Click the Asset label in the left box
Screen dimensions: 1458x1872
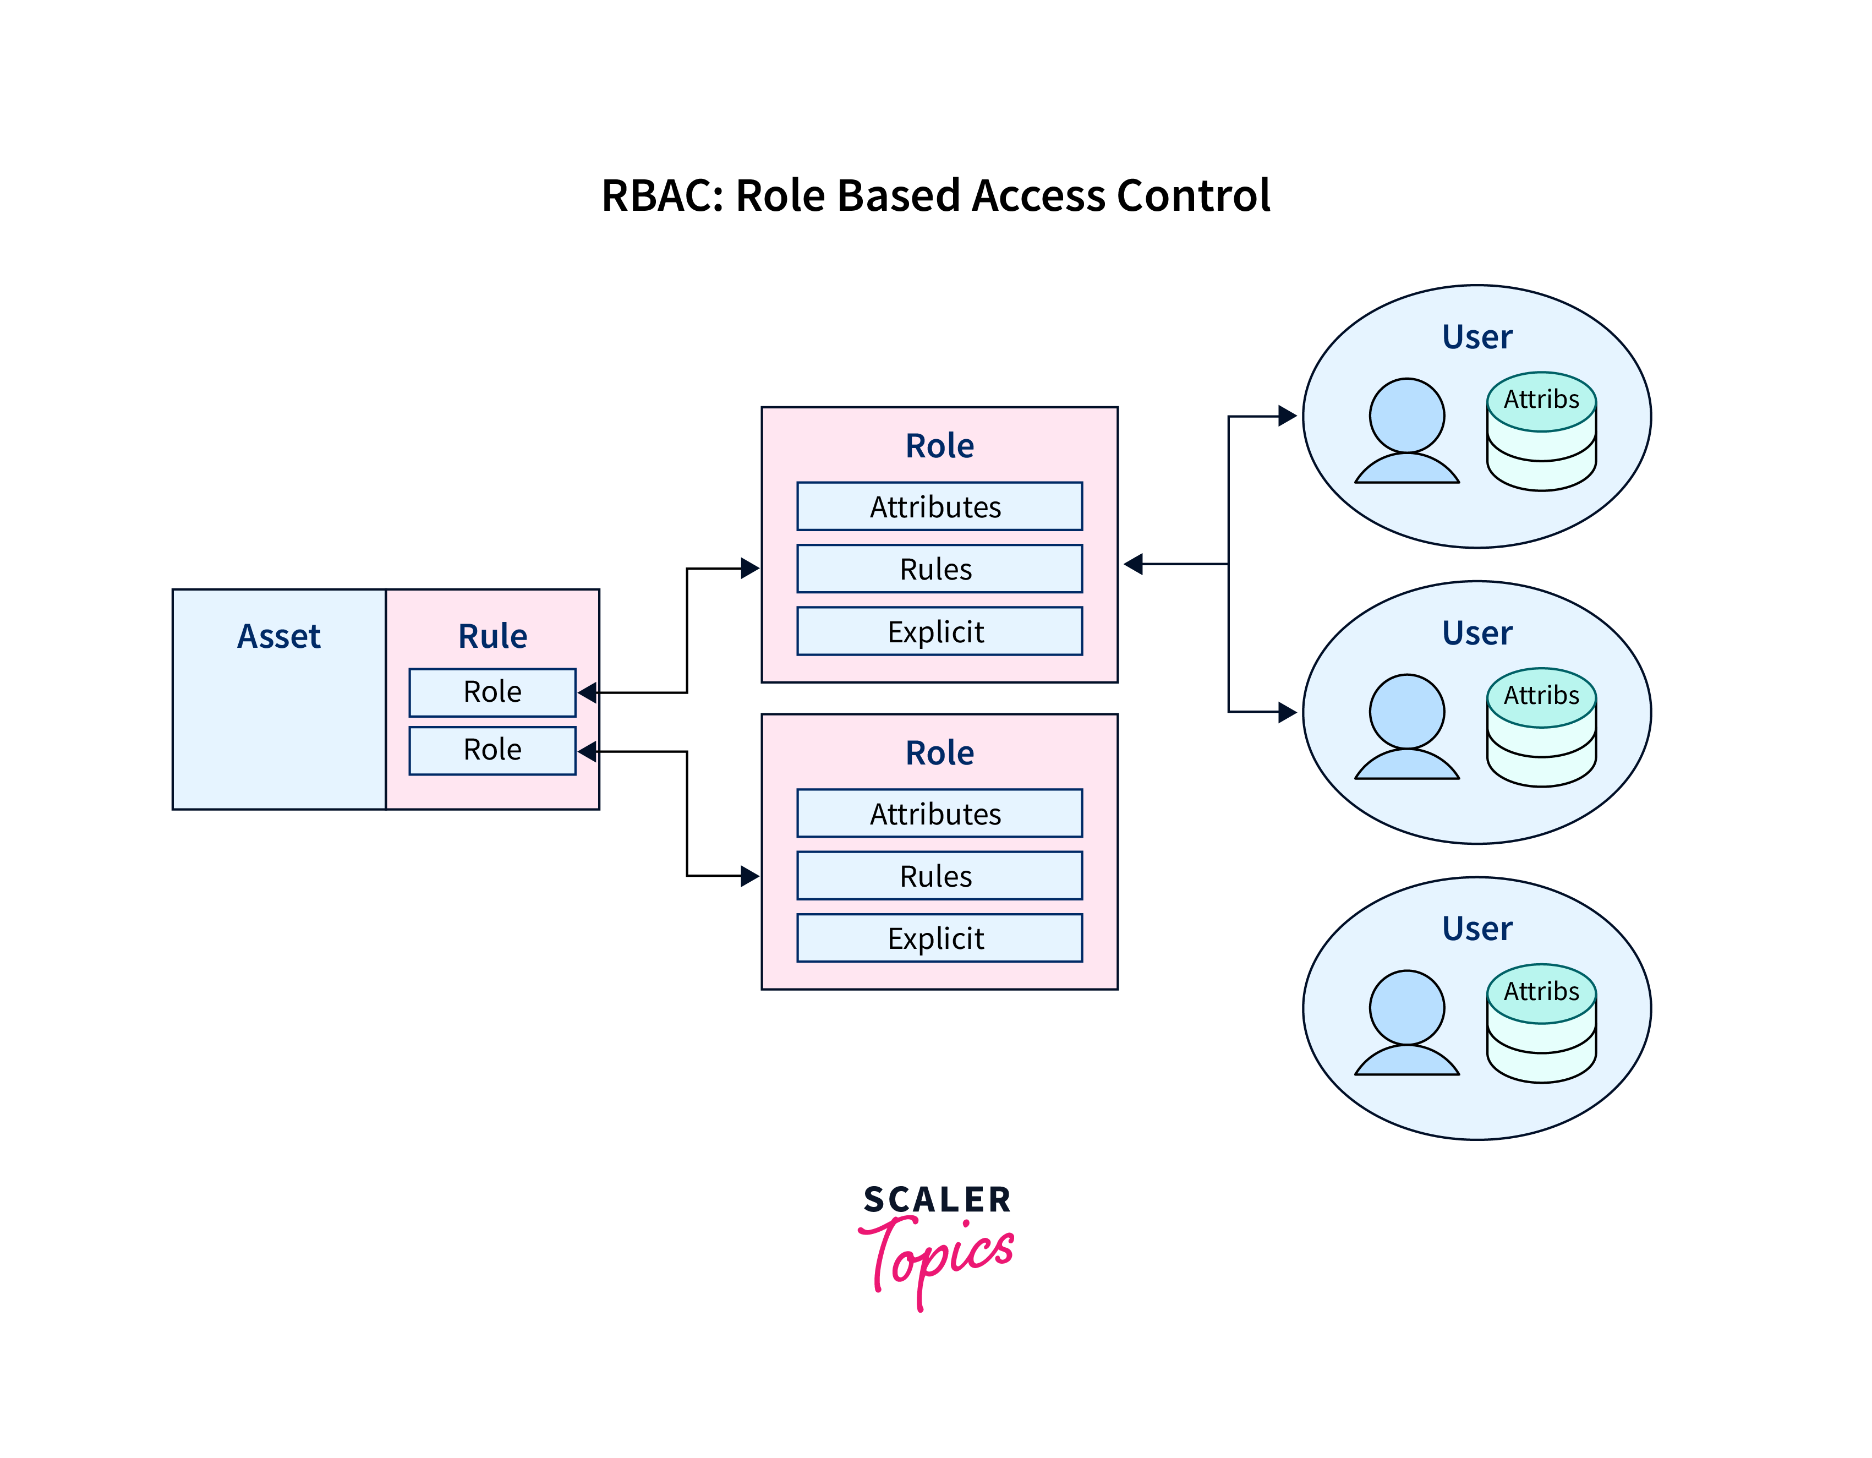point(278,636)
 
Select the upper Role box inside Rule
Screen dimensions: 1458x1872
point(492,692)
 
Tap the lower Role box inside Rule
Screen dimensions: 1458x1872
point(492,750)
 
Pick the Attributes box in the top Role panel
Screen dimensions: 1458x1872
point(939,506)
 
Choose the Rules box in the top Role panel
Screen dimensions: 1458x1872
point(939,569)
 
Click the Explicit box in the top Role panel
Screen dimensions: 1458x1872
point(939,632)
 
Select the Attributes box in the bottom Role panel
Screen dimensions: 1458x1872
point(939,813)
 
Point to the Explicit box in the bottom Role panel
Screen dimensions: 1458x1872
point(939,938)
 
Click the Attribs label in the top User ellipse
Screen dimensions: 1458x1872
point(1541,400)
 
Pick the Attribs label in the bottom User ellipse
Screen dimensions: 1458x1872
point(1541,992)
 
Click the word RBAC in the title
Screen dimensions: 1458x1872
point(656,195)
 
